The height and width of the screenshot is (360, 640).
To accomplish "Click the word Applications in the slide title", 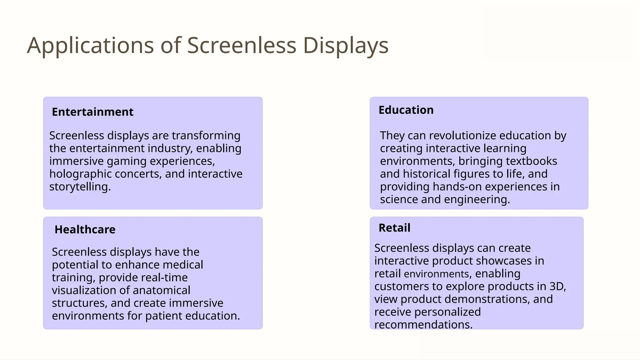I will (90, 46).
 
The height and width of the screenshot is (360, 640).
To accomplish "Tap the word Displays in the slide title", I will (346, 46).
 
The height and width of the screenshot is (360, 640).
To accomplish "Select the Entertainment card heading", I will (92, 112).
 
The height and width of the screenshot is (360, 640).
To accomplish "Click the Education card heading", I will (406, 110).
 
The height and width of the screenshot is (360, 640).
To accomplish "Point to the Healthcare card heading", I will (85, 230).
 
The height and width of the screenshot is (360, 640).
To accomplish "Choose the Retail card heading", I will (394, 228).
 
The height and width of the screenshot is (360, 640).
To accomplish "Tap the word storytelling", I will (80, 187).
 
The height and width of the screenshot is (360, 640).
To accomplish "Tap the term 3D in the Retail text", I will (557, 287).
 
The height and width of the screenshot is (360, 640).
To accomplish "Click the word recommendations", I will (423, 325).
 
